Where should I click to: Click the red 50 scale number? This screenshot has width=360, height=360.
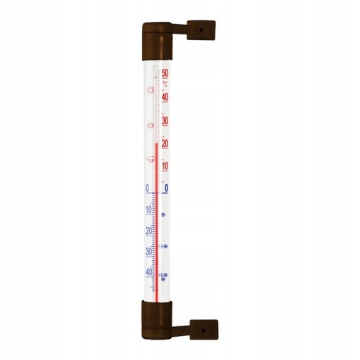pos(165,73)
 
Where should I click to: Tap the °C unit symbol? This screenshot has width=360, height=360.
pos(165,84)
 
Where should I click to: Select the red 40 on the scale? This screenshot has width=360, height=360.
pos(165,97)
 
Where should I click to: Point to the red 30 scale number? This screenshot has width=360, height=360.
pos(165,121)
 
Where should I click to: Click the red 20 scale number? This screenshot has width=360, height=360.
pos(165,143)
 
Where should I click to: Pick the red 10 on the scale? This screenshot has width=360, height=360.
pos(165,166)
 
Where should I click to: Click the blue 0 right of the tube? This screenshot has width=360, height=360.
pos(167,188)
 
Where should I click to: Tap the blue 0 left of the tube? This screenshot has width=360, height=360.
pos(148,188)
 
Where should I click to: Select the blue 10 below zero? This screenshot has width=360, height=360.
pos(149,210)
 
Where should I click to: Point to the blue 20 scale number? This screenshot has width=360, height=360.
pos(149,231)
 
